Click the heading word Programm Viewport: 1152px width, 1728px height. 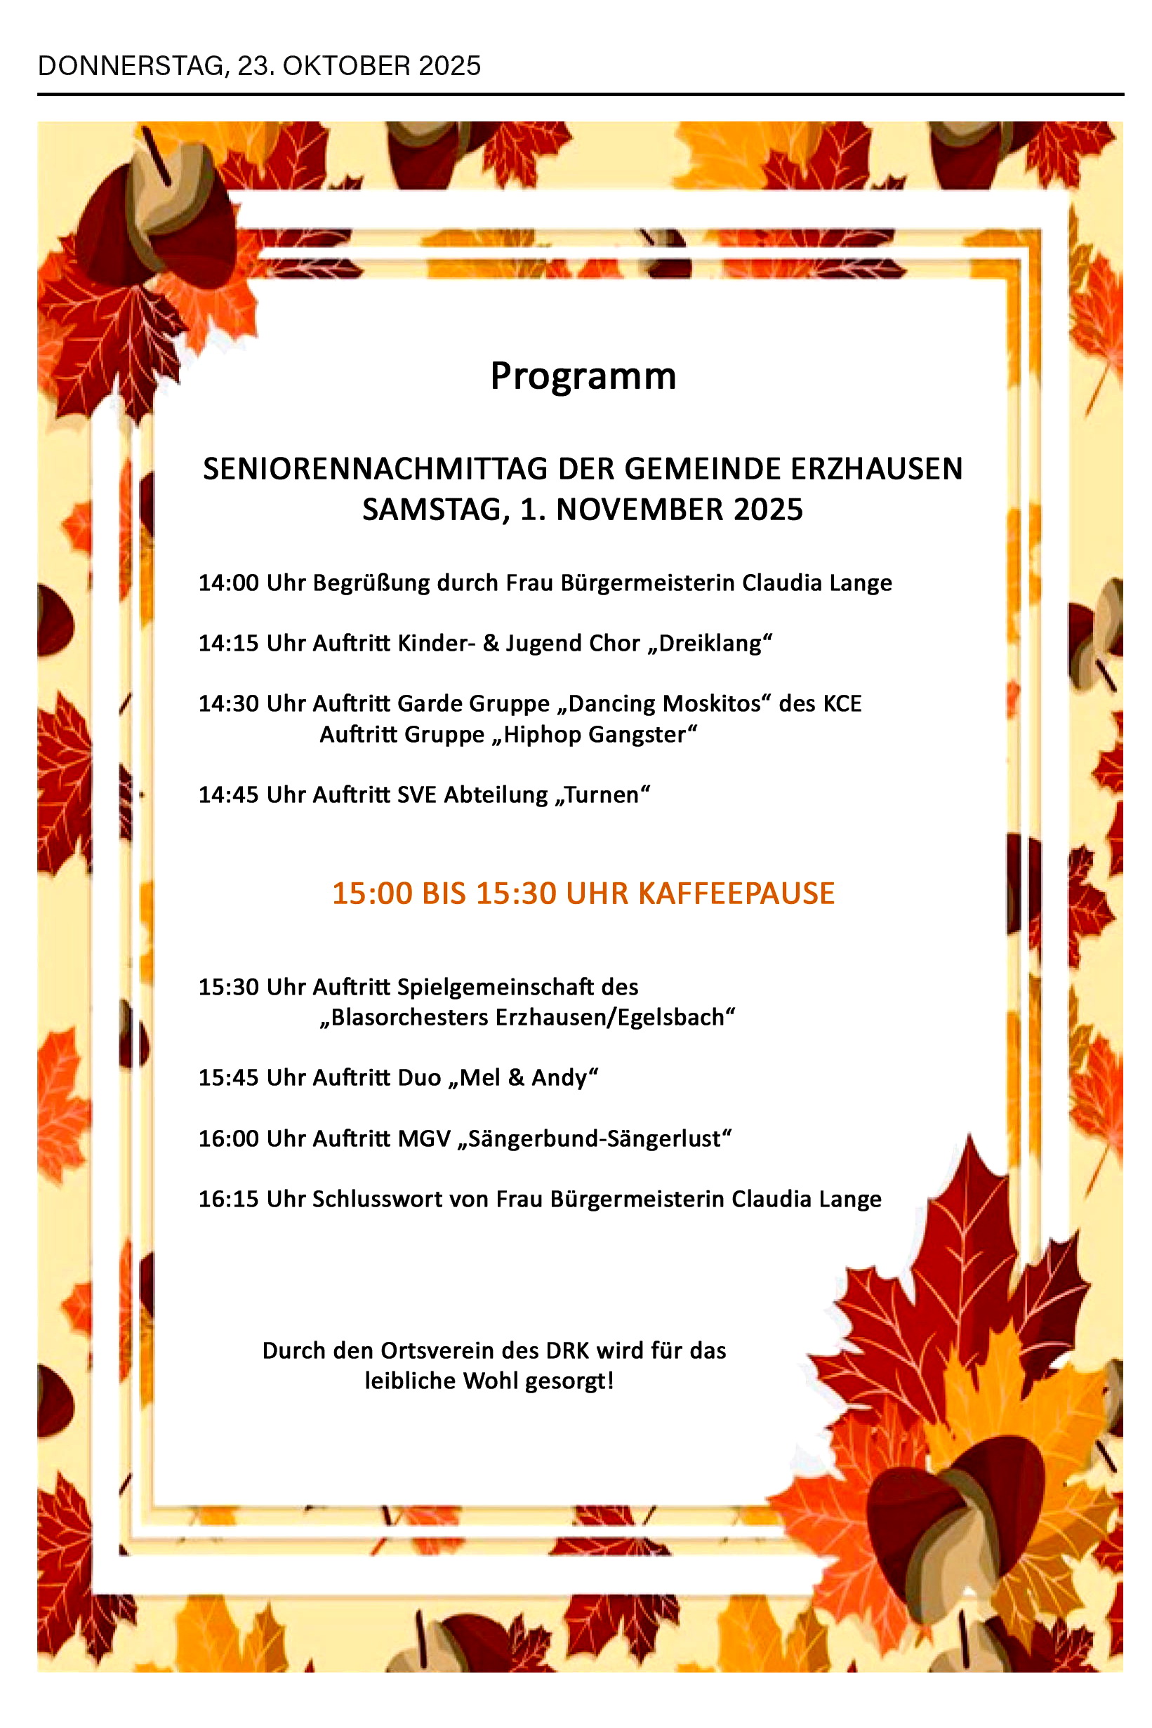coord(583,377)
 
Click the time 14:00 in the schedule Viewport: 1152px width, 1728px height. coord(228,583)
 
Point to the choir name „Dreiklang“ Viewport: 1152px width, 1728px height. coord(710,643)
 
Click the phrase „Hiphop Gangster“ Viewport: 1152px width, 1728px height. coord(595,733)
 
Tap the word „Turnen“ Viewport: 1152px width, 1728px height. coord(602,795)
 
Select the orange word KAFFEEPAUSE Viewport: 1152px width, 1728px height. coord(736,893)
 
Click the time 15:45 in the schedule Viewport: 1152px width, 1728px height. coord(228,1077)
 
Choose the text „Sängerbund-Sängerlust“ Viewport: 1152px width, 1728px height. coord(595,1138)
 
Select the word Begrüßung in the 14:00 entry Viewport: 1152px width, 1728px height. coord(371,583)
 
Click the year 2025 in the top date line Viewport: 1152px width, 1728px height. coord(449,66)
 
